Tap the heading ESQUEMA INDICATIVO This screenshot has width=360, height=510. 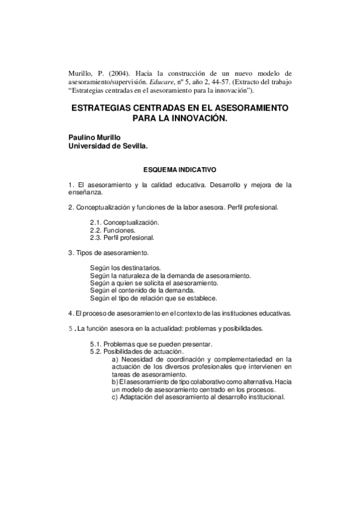(180, 170)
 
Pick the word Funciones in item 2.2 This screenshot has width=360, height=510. (121, 230)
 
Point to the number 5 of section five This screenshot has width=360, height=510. (70, 328)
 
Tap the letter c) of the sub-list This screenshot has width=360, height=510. (115, 398)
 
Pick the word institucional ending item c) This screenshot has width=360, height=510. (265, 398)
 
